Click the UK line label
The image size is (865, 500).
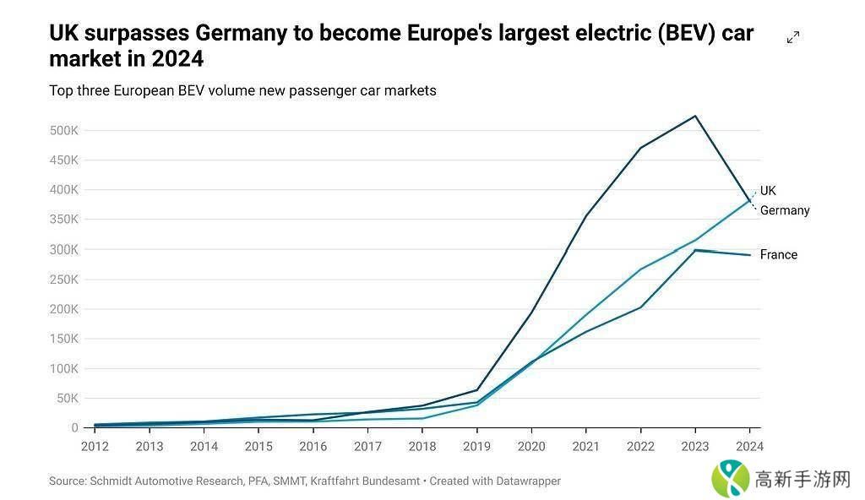pyautogui.click(x=768, y=191)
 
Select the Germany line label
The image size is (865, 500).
pyautogui.click(x=785, y=210)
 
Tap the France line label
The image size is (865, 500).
pyautogui.click(x=778, y=254)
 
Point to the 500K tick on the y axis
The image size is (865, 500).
pyautogui.click(x=64, y=131)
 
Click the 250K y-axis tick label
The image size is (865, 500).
pyautogui.click(x=64, y=280)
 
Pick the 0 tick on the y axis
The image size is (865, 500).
pyautogui.click(x=74, y=428)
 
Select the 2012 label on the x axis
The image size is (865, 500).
pyautogui.click(x=95, y=446)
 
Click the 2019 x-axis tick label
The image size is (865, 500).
pyautogui.click(x=476, y=446)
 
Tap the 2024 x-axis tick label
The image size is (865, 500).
pyautogui.click(x=749, y=446)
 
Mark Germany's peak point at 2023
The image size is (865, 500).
pyautogui.click(x=695, y=116)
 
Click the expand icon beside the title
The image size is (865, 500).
pyautogui.click(x=793, y=37)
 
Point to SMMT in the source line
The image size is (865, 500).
pyautogui.click(x=291, y=481)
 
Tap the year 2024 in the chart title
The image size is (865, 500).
pyautogui.click(x=177, y=60)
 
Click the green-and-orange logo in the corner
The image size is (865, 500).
pyautogui.click(x=731, y=478)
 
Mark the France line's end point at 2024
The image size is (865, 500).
pyautogui.click(x=749, y=255)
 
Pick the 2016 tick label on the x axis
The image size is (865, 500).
pyautogui.click(x=313, y=446)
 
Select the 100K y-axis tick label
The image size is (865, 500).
pyautogui.click(x=64, y=368)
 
